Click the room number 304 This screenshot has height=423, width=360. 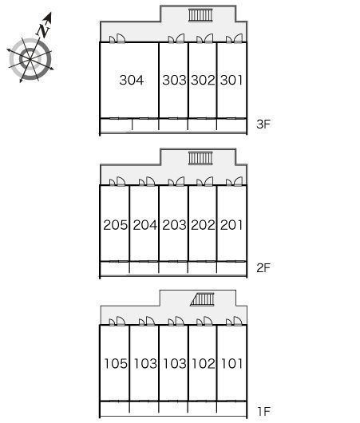[x=132, y=80]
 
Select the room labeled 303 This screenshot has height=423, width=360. [x=174, y=80]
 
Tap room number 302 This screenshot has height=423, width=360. [x=203, y=80]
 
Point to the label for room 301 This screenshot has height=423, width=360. [x=231, y=80]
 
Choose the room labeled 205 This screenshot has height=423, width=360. [x=115, y=225]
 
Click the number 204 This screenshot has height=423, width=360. [x=145, y=225]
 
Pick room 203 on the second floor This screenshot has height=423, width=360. [x=174, y=225]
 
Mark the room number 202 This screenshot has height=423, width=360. [x=203, y=225]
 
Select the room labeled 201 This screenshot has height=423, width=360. [x=231, y=225]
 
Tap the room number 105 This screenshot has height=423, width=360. [x=116, y=364]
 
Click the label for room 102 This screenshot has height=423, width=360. [x=204, y=364]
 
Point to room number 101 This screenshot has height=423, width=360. [x=231, y=364]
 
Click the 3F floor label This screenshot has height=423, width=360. [x=263, y=124]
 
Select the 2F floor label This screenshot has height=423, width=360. [x=263, y=268]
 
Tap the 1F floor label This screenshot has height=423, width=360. [x=264, y=412]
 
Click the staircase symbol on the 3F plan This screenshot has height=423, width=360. [x=200, y=15]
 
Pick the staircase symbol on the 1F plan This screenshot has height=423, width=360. [x=202, y=299]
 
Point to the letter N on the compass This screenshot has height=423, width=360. [x=43, y=31]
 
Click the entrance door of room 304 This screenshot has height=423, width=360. [x=117, y=38]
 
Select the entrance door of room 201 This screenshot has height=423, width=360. [x=234, y=181]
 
